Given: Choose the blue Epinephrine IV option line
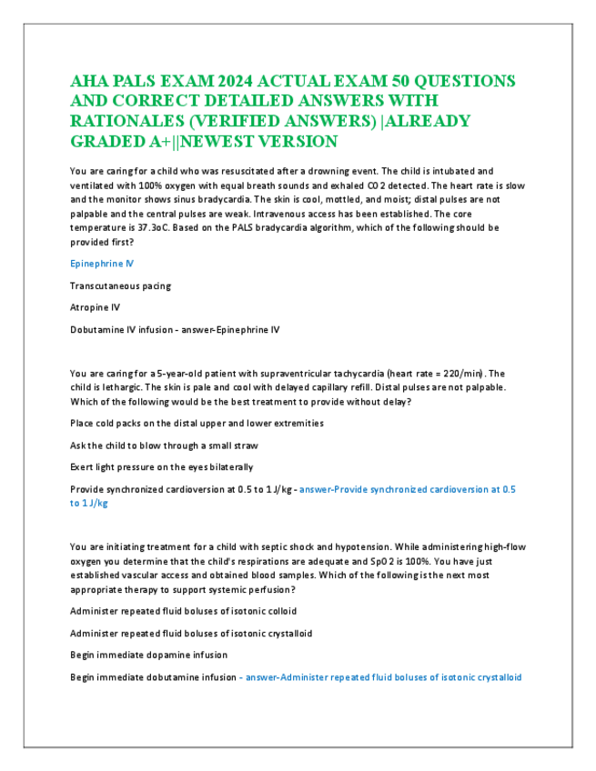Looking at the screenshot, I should [101, 264].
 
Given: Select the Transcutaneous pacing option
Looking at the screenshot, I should [120, 285].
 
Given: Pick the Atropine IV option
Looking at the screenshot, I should [95, 307].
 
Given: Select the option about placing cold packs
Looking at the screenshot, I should [196, 423].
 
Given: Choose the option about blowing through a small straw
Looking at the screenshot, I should [163, 445].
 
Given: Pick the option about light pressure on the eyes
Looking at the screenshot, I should [161, 466].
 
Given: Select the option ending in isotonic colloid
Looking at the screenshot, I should [182, 611].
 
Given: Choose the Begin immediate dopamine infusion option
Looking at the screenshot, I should [148, 655].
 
